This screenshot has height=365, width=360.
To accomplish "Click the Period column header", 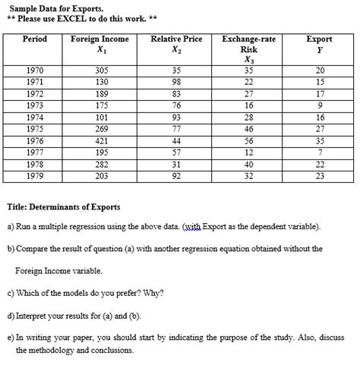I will click(35, 39).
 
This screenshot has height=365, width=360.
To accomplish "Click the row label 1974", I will click(35, 118).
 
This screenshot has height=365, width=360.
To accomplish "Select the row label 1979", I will click(35, 175).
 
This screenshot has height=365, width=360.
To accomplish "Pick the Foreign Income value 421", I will click(99, 141).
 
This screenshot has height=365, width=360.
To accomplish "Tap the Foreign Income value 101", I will click(99, 118).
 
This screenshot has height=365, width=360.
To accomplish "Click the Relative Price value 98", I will click(176, 82).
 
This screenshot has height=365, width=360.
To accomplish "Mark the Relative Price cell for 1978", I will click(176, 164).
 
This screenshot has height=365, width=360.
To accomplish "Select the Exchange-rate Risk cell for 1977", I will click(249, 153).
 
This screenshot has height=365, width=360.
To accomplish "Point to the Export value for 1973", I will click(319, 105).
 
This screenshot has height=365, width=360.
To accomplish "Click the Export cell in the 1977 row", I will click(319, 153).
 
